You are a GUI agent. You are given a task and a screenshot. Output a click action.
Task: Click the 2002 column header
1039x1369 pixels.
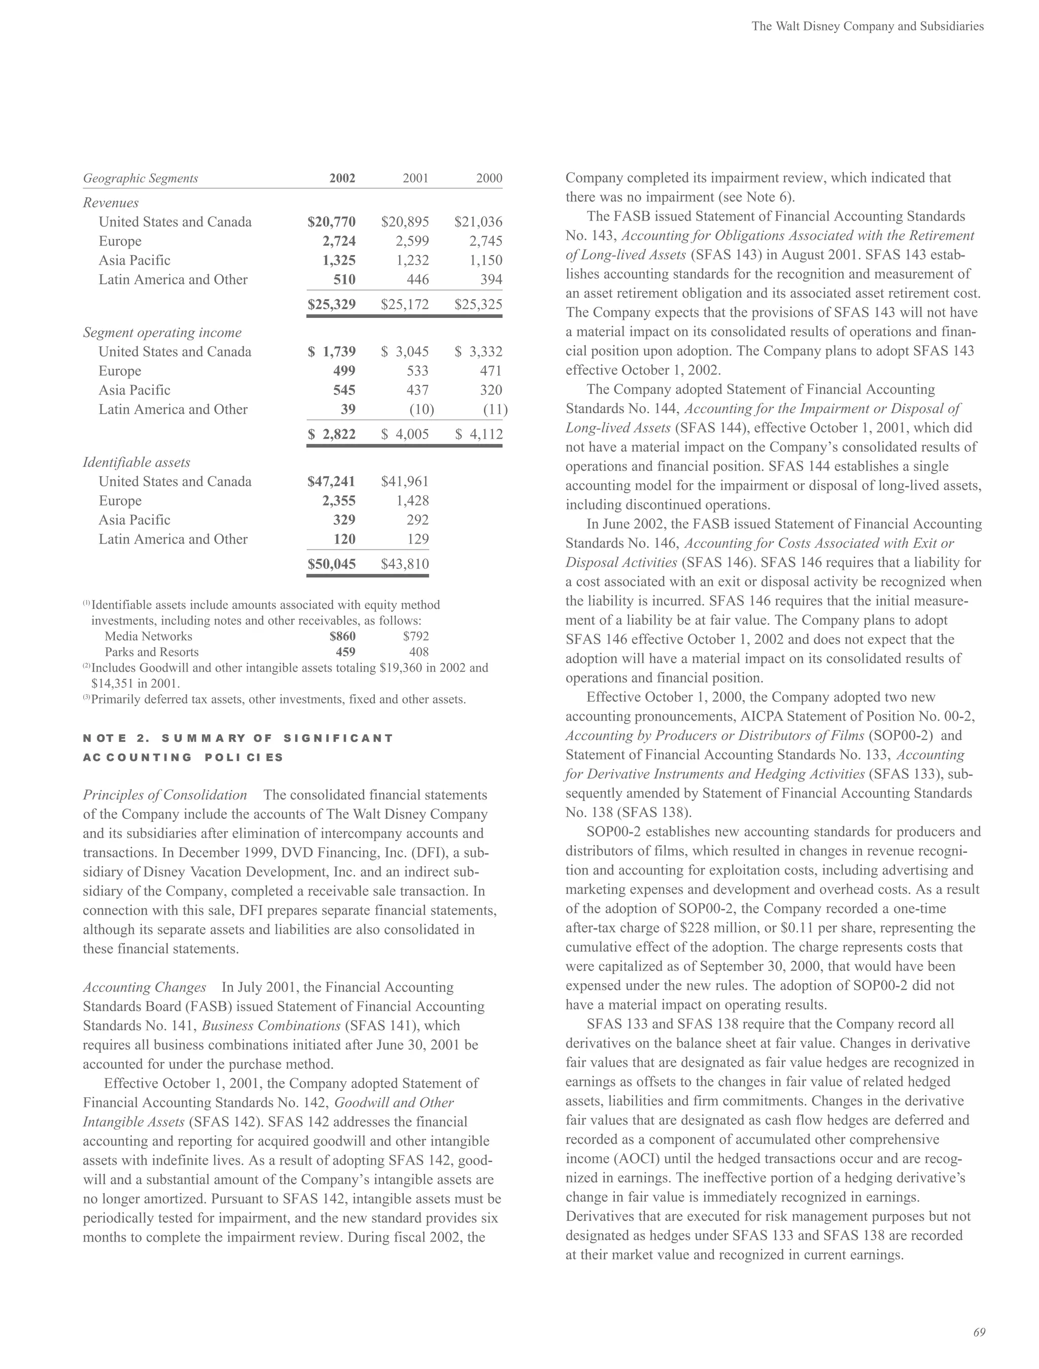(342, 178)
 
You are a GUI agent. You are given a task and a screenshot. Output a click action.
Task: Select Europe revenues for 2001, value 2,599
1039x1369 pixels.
(412, 241)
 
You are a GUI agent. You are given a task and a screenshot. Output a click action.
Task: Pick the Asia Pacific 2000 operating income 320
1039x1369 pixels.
(491, 390)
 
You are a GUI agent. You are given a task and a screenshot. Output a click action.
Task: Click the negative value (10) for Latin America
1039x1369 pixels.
(421, 409)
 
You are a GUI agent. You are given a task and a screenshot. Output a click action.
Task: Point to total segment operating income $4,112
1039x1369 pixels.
(478, 434)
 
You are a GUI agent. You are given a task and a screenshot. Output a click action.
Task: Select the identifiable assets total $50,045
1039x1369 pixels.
(331, 563)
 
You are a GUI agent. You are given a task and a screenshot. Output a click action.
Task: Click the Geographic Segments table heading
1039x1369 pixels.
(141, 178)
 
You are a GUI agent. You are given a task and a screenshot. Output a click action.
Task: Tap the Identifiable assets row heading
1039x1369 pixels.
(136, 462)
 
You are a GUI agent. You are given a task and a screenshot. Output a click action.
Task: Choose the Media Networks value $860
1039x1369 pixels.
(342, 636)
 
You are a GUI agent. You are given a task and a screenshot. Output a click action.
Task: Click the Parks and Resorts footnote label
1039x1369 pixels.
(152, 652)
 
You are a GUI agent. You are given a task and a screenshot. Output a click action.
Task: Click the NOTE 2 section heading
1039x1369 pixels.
(238, 738)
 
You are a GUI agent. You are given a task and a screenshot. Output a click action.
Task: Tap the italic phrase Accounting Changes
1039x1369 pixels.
(144, 987)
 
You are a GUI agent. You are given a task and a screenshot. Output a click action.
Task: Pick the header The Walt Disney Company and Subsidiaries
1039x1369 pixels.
(868, 26)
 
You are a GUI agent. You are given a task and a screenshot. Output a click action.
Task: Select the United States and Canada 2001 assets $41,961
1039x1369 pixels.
(405, 482)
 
